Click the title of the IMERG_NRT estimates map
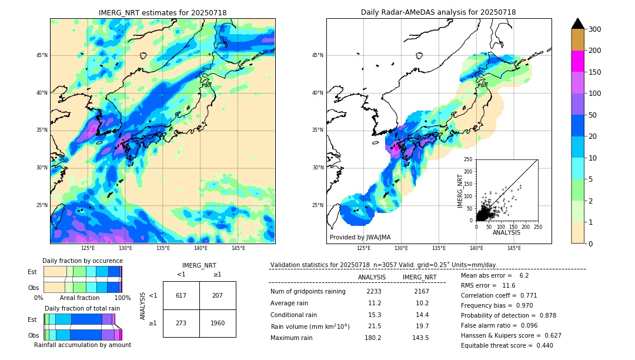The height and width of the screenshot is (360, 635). point(162,12)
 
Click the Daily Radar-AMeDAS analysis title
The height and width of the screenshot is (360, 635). point(438,12)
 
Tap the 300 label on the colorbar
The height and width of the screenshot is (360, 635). point(595,29)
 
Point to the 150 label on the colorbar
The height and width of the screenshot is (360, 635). point(595,72)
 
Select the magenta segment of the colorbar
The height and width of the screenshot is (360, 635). point(577,61)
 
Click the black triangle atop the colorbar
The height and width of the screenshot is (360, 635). point(577,24)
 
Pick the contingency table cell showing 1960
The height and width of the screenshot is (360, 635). point(218,323)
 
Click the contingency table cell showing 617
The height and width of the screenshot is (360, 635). point(181,295)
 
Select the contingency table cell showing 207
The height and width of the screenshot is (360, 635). point(218,295)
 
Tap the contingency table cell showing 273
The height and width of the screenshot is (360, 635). point(181,323)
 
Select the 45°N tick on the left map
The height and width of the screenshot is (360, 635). point(42,56)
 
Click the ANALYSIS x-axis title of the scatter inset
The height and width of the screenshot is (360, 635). point(506,232)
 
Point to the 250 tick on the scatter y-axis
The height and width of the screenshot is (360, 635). point(468,159)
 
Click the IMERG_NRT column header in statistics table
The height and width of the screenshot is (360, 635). point(419,277)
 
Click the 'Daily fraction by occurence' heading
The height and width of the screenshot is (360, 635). point(82,261)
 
